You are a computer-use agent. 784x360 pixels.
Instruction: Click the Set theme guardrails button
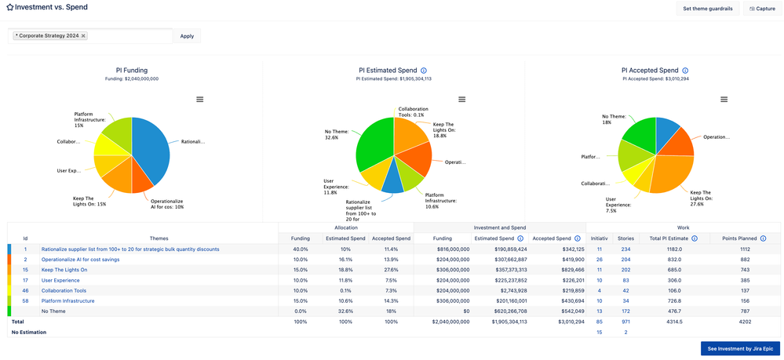[708, 9]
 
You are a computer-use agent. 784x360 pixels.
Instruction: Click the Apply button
[187, 36]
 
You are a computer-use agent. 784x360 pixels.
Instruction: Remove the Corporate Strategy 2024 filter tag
[83, 36]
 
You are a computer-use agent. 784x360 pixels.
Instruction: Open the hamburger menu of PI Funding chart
[200, 100]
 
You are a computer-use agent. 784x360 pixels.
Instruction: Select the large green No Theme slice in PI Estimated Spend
[373, 145]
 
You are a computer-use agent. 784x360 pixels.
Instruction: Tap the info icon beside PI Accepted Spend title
[685, 71]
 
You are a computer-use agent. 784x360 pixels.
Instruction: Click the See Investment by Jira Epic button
[740, 348]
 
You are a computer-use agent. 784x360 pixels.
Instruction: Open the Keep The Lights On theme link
[64, 270]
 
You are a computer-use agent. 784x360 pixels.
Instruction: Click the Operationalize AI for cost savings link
[80, 260]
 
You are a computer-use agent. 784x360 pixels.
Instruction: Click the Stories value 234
[625, 249]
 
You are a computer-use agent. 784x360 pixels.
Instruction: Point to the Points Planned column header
[737, 238]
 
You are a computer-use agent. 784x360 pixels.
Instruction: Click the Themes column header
[159, 238]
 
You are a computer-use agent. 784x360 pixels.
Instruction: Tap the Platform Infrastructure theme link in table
[67, 300]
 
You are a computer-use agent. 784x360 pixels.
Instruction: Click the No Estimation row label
[28, 332]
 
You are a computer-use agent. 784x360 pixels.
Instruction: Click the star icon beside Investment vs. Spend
[10, 7]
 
